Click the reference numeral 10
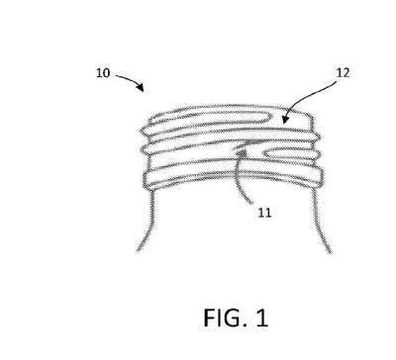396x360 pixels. (x=103, y=73)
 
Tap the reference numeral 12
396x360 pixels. (x=343, y=72)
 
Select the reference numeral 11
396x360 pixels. (x=264, y=213)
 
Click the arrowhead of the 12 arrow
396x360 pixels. (x=285, y=119)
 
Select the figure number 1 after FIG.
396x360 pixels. (x=262, y=317)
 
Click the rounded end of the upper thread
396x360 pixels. (x=269, y=117)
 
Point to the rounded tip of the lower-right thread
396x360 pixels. (x=266, y=153)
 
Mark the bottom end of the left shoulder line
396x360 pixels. (x=138, y=251)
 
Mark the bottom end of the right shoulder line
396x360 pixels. (x=330, y=251)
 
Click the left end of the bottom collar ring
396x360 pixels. (x=145, y=181)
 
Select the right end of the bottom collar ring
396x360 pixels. (x=321, y=175)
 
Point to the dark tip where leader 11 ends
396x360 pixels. (x=242, y=152)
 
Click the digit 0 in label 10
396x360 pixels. (x=106, y=73)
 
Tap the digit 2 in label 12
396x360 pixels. (x=346, y=72)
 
